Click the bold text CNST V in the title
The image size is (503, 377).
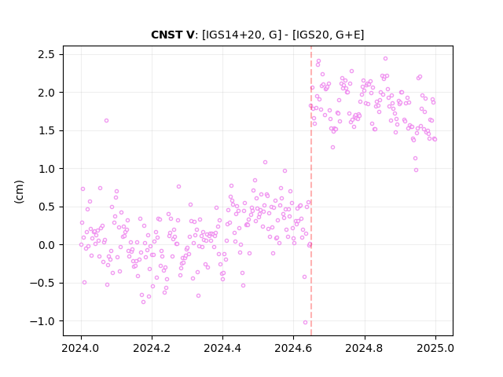[173, 35]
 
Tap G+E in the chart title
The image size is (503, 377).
[348, 35]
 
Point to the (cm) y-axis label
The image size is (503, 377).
[19, 192]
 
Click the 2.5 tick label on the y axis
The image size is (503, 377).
[46, 54]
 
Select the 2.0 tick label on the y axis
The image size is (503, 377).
[46, 93]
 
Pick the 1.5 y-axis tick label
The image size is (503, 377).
[46, 131]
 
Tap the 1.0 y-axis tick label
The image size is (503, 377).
[46, 169]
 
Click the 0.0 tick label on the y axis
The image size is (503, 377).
[46, 245]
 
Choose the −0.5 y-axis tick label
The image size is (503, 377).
[42, 284]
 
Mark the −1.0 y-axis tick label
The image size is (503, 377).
[42, 321]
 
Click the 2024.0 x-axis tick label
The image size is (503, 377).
[81, 348]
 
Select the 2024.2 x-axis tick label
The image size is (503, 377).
[152, 348]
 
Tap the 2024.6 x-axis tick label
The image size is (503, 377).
[293, 348]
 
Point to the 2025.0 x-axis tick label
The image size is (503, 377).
[435, 348]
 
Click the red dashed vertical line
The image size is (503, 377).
[311, 191]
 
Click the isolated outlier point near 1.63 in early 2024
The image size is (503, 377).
[107, 120]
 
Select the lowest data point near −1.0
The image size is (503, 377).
[305, 323]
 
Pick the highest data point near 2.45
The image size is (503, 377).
[385, 59]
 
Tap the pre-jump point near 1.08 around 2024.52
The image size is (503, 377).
[265, 163]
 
